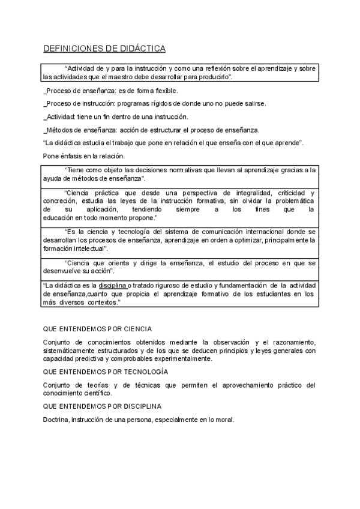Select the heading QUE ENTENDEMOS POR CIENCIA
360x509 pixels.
pos(98,329)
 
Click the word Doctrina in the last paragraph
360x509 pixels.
pos(56,420)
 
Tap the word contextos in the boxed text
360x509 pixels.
pos(101,303)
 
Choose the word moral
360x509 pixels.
pos(224,420)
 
